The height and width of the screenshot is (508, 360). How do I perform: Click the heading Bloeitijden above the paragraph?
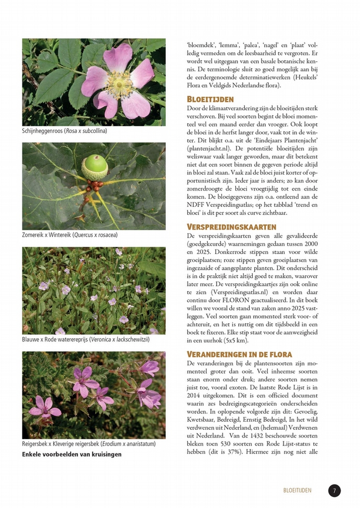pos(210,99)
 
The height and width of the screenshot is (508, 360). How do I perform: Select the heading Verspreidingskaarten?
pos(231,227)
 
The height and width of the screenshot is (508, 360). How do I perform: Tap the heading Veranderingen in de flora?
pos(239,354)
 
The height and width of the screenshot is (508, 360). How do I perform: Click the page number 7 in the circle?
pos(334,491)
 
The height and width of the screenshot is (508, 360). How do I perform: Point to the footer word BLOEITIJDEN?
pos(297,491)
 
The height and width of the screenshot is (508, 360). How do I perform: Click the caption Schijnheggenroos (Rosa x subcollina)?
pos(65,131)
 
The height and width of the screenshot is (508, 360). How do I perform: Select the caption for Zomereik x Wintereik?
pos(70,235)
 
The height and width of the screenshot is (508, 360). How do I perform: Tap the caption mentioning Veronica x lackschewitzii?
pos(86,339)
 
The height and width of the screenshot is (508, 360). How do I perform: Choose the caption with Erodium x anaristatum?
pos(89,444)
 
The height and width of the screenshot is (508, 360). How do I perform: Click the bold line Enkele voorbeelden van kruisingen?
pos(72,454)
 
